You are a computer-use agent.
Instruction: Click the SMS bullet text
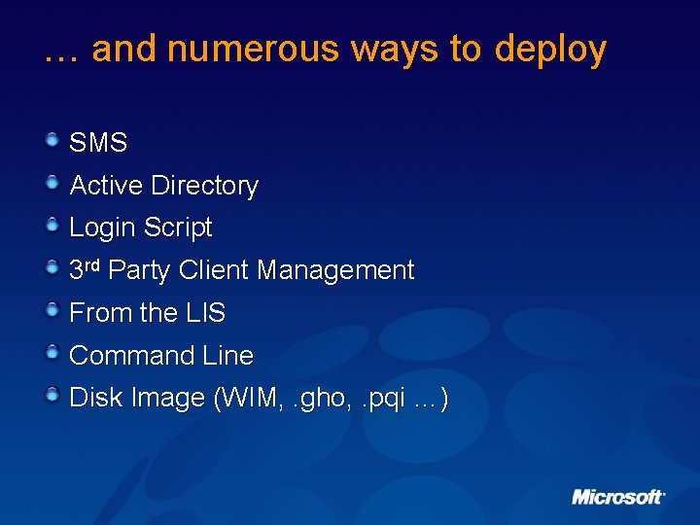pyautogui.click(x=98, y=143)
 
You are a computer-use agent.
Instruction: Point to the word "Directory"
pyautogui.click(x=204, y=186)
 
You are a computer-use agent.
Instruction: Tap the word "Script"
pyautogui.click(x=177, y=228)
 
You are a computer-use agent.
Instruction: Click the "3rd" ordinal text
pyautogui.click(x=86, y=269)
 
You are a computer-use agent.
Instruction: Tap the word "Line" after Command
pyautogui.click(x=227, y=356)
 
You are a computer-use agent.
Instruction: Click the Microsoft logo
pyautogui.click(x=617, y=497)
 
